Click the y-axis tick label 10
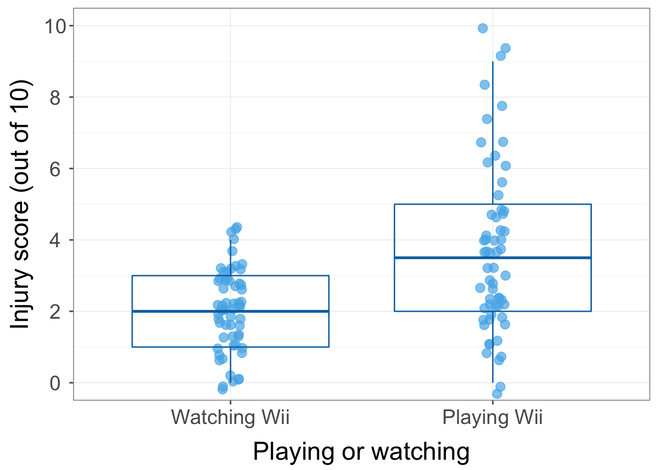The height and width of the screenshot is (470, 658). pos(55,26)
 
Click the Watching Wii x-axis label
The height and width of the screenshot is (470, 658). pos(230,418)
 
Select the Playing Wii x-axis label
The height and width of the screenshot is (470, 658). pos(493,418)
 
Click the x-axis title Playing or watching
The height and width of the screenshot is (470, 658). pos(361,451)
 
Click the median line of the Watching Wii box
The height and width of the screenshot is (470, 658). pos(181,311)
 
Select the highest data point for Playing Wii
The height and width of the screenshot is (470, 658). pos(483,28)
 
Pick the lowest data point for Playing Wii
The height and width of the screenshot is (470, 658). pos(497,394)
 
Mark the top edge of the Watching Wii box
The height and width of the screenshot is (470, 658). pos(181,276)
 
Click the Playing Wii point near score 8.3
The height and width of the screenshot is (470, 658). pos(485,85)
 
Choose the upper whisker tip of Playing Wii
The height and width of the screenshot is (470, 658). pos(493,62)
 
